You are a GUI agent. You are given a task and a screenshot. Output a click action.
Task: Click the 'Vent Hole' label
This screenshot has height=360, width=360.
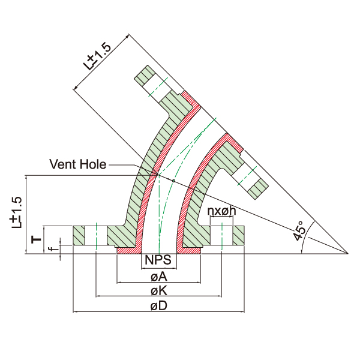click(x=77, y=164)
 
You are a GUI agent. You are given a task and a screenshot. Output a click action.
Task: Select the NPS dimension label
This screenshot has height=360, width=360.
click(x=158, y=261)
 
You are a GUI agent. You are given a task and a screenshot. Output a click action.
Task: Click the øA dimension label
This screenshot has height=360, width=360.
click(x=158, y=277)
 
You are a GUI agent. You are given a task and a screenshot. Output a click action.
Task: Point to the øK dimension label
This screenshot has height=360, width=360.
click(x=158, y=291)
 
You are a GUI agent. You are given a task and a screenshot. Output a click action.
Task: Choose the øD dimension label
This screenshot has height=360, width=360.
click(x=158, y=306)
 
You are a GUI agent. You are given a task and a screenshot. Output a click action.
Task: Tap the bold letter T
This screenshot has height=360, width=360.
click(x=37, y=239)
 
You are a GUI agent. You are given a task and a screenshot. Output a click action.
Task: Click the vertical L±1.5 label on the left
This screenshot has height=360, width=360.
click(x=18, y=212)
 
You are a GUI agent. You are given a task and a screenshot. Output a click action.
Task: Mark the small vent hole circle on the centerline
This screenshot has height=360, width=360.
click(x=173, y=180)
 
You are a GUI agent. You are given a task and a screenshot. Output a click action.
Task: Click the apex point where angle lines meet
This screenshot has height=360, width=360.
click(x=349, y=253)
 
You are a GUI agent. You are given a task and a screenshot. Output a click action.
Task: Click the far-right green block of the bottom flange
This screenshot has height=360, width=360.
click(x=239, y=235)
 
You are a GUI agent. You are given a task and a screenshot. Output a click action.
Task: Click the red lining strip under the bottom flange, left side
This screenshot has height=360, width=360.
click(x=127, y=250)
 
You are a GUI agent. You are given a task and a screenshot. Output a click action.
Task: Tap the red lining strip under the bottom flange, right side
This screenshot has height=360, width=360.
click(x=190, y=250)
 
